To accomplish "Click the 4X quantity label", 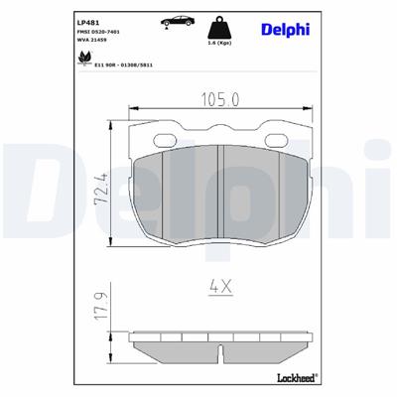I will pyautogui.click(x=220, y=287).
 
